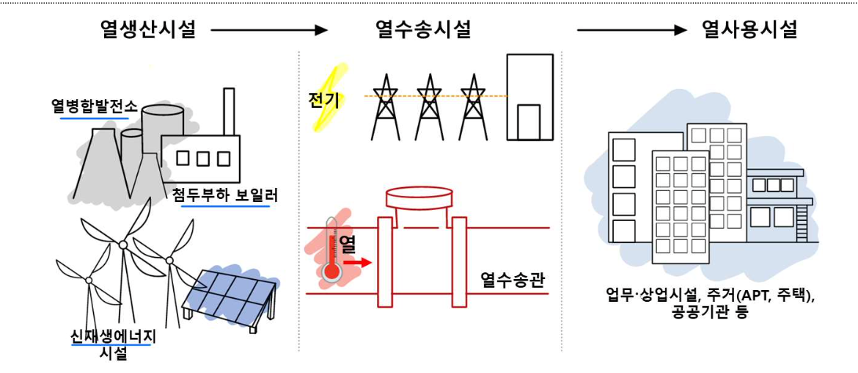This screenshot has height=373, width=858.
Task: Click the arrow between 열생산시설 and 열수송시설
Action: point(268,31)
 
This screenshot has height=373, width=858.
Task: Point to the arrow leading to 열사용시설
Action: point(631,31)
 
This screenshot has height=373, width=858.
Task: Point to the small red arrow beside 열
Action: point(358,261)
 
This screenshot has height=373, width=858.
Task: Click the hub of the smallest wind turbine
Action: point(89,279)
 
